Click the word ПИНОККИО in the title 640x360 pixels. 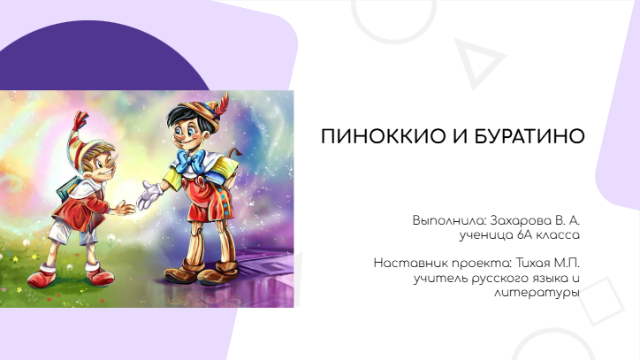(x=383, y=136)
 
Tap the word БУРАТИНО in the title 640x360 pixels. (x=530, y=136)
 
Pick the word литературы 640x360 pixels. (x=537, y=294)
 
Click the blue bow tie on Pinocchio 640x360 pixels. (x=190, y=160)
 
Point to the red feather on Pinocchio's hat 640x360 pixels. (x=222, y=105)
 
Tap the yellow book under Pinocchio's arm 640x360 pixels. (x=227, y=171)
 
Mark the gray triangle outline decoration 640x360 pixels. (x=479, y=64)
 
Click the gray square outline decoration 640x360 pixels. (x=602, y=301)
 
